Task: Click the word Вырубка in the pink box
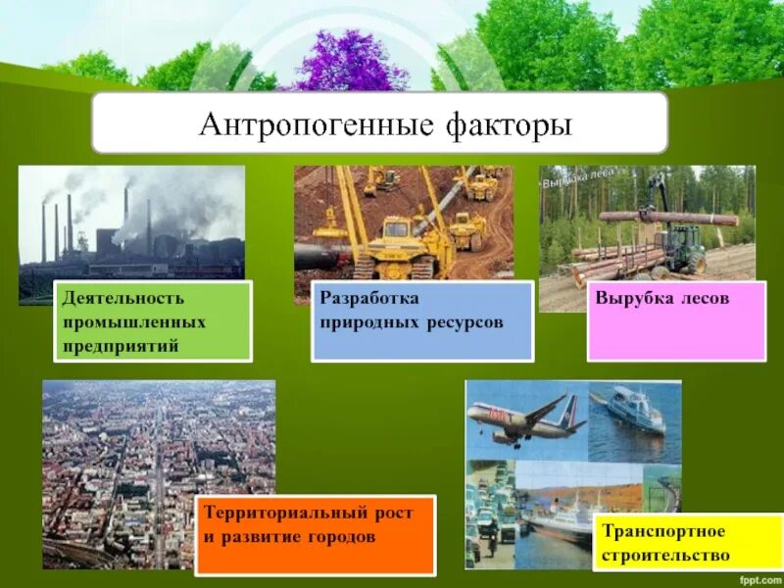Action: (x=628, y=297)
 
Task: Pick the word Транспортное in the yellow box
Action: (x=663, y=531)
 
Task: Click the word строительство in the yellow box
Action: (x=666, y=555)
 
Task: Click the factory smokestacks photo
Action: (x=131, y=220)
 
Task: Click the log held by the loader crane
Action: (x=666, y=218)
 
